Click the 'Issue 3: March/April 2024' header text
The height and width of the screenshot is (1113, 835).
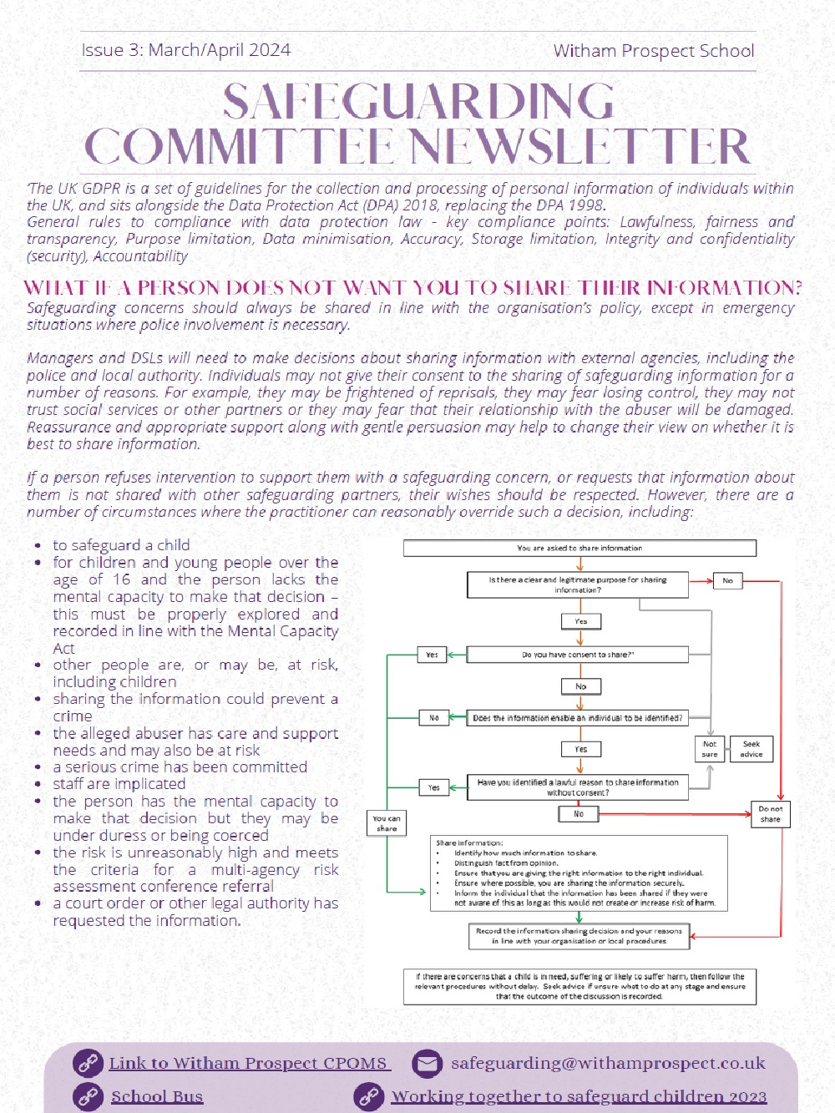tap(186, 50)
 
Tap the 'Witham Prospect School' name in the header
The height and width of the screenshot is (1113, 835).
tap(654, 51)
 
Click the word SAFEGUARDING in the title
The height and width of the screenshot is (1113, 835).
tap(418, 101)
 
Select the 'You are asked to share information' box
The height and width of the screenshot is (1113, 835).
tap(579, 548)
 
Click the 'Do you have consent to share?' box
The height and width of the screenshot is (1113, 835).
tap(578, 655)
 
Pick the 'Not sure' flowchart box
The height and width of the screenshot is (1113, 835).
tap(710, 749)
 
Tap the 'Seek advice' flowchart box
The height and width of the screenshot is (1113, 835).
tap(751, 749)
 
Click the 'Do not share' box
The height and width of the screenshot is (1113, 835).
tap(770, 814)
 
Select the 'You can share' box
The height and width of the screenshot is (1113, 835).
tap(387, 823)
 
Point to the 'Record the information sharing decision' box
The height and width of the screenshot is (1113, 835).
tap(579, 936)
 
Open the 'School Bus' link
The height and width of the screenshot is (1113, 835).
tap(157, 1097)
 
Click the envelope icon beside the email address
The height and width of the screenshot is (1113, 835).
tap(427, 1063)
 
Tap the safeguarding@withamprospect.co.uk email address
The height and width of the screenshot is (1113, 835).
tap(609, 1063)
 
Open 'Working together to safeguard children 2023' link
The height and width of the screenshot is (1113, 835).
tap(579, 1096)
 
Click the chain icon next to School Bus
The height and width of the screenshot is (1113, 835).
tap(88, 1097)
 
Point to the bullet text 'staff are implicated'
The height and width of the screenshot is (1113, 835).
tap(119, 784)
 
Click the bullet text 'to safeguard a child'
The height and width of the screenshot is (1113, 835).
tap(121, 545)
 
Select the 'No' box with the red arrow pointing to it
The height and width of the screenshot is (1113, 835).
tap(727, 580)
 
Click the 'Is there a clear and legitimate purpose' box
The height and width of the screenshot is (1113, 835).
tap(578, 584)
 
